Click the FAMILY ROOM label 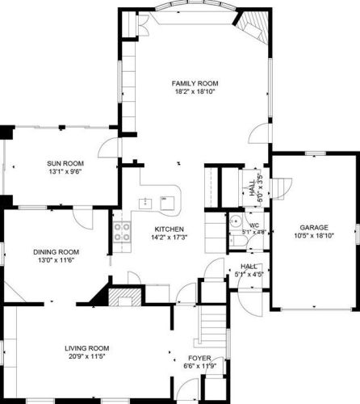click(x=195, y=83)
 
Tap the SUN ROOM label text click(x=65, y=163)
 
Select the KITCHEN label click(x=169, y=229)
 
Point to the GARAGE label click(x=314, y=228)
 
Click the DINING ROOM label click(x=56, y=252)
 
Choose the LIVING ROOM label click(x=87, y=348)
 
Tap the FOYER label click(x=199, y=358)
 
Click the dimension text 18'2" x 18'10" click(x=195, y=91)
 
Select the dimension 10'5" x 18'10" click(x=314, y=236)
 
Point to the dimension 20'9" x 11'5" click(x=87, y=356)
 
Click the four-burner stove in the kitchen click(x=122, y=232)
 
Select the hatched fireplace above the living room click(x=125, y=297)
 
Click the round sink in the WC click(x=235, y=221)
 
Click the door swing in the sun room click(x=107, y=148)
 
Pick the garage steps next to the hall click(x=281, y=188)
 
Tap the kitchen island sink click(x=145, y=204)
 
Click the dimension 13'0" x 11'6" click(x=56, y=260)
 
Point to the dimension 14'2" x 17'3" click(x=169, y=238)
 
